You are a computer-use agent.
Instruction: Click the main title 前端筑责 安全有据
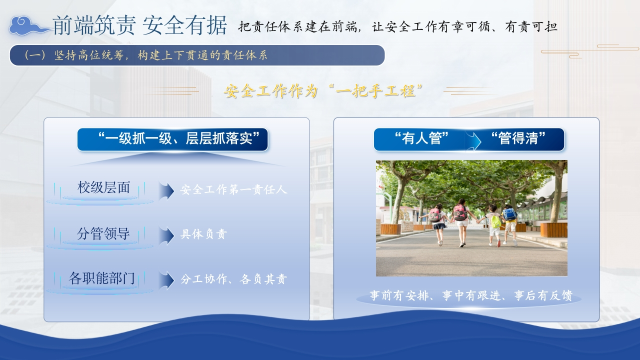coord(139,25)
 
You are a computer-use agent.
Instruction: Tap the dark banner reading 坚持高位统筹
coord(197,55)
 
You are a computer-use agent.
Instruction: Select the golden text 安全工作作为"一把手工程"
coord(323,91)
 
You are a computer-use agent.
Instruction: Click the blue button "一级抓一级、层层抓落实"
coord(172,139)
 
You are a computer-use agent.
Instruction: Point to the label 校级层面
coord(103,187)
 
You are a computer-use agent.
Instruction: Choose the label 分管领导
coord(103,233)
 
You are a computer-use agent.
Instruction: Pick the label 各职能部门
coord(101,278)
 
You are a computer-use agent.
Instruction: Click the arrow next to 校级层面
coord(166,190)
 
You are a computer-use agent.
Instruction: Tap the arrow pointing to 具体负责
coord(166,235)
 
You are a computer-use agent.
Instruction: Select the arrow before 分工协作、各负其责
coord(166,280)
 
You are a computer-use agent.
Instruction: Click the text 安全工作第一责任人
coord(233,189)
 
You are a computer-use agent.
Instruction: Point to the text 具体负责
coord(203,234)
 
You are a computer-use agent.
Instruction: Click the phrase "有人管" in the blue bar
coord(421,138)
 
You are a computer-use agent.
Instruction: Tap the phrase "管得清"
coord(518,138)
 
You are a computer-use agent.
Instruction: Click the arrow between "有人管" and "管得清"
coord(473,140)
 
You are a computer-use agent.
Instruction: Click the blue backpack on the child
coord(509,214)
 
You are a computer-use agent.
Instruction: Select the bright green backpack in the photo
coord(495,221)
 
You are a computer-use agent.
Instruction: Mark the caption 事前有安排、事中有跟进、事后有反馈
coord(471,295)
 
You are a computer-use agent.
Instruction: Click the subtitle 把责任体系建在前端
coord(297,26)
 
